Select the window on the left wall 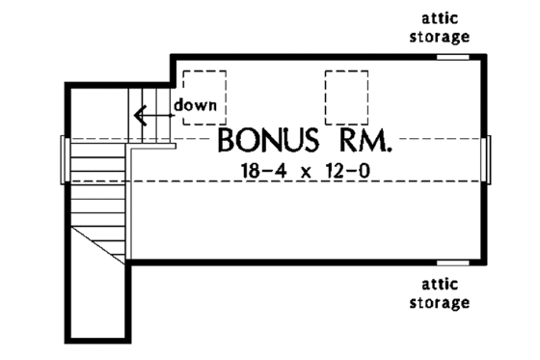(x=66, y=158)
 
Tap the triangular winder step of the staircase (x=106, y=241)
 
